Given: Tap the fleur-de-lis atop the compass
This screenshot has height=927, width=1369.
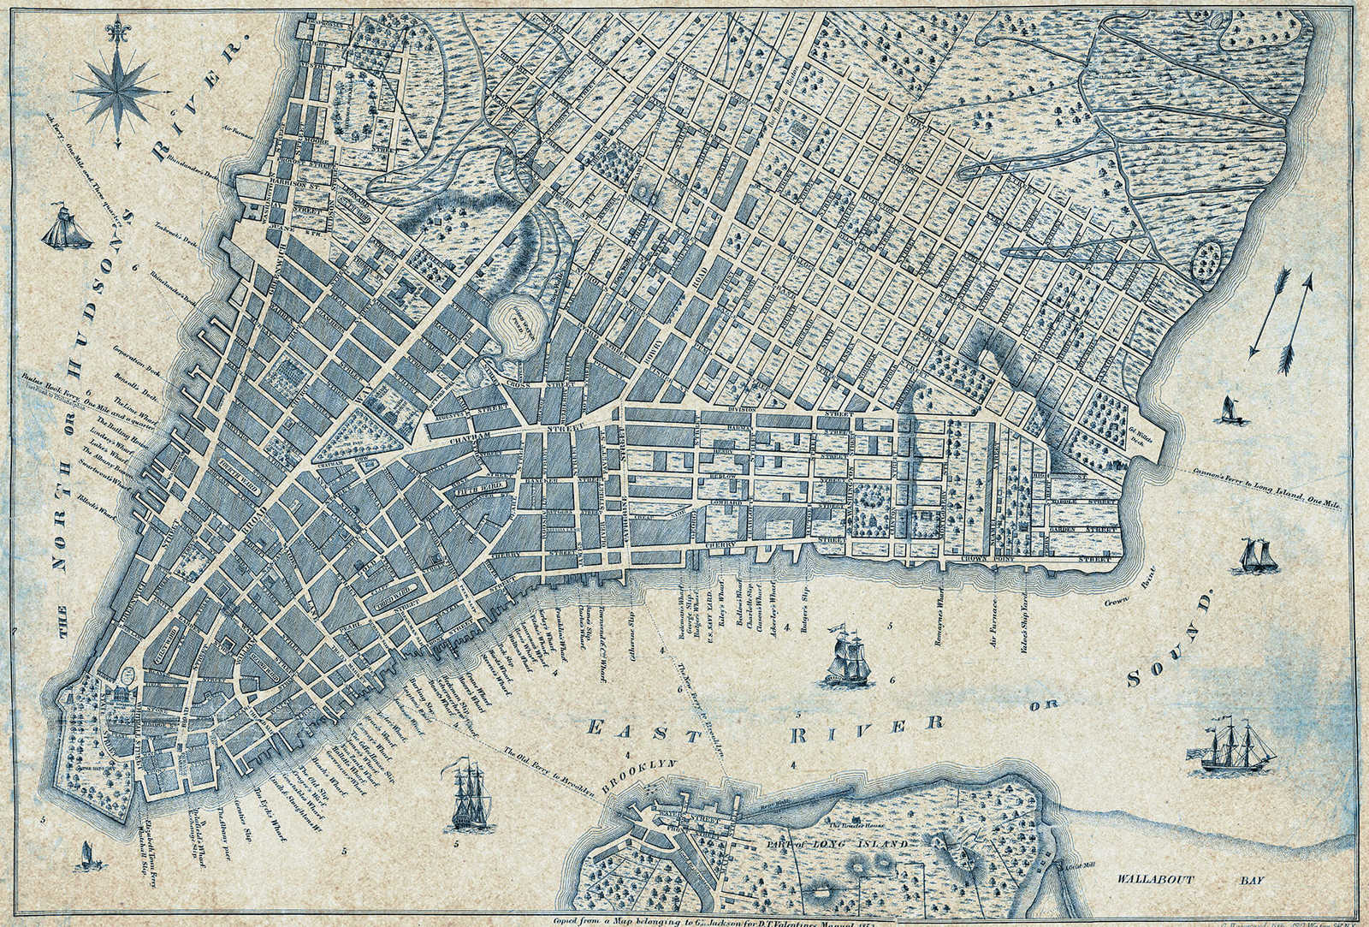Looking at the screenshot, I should click(x=118, y=32).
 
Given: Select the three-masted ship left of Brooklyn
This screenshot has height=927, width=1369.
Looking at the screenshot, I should click(x=468, y=793).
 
